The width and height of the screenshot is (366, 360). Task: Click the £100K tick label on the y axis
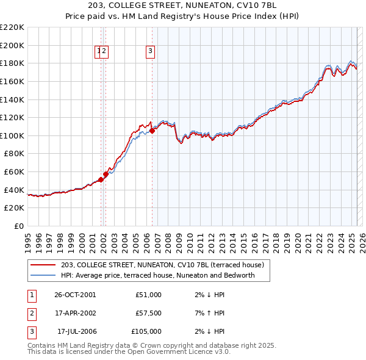[x=12, y=135]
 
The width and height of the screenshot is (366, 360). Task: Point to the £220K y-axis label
[x=12, y=27]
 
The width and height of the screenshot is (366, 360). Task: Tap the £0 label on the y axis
[x=19, y=226]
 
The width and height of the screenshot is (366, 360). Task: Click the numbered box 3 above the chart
[x=150, y=52]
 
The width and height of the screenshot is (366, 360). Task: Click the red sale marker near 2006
[x=151, y=131]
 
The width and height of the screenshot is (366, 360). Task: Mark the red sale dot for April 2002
[x=106, y=174]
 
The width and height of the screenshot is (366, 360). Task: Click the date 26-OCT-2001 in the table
[x=75, y=295]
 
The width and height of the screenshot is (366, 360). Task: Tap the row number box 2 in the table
[x=31, y=313]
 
